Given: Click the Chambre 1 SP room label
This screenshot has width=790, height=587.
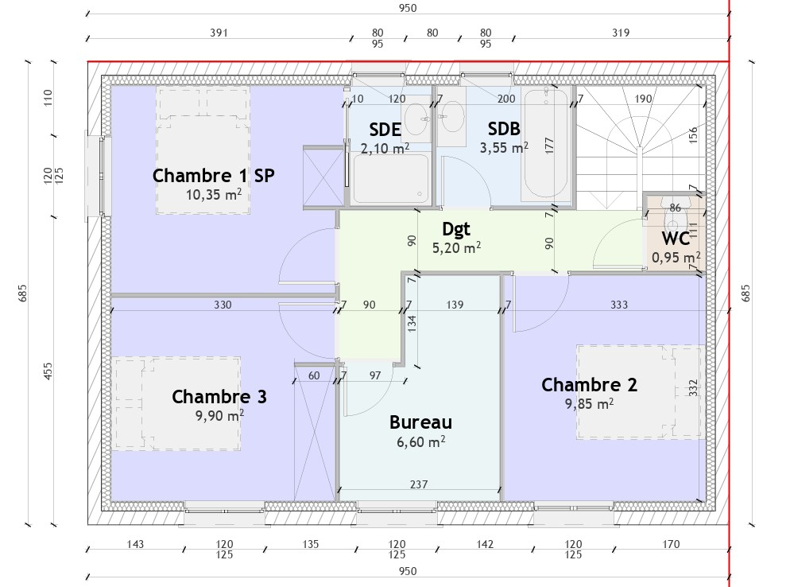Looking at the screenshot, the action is pos(213,176).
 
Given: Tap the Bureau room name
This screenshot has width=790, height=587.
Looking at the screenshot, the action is pos(420,422).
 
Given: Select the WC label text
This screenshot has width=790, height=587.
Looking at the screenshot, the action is pos(676,238).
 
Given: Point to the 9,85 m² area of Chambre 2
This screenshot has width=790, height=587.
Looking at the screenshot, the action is pos(589,404).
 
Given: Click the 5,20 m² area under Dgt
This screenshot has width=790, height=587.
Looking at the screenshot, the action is pos(456,247).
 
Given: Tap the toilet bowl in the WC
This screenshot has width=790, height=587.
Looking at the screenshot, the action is pos(674,217).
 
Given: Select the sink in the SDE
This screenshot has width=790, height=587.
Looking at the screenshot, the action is pos(416,119).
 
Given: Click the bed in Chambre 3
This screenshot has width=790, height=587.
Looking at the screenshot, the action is pos(176,403).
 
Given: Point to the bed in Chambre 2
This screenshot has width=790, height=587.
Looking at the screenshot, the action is pos(640,392).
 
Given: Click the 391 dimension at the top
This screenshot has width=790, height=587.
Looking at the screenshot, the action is pos(219,33).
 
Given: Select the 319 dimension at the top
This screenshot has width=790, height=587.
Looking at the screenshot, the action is pos(621,33).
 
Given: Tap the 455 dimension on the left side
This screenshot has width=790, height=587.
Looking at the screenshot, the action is pos(48,371).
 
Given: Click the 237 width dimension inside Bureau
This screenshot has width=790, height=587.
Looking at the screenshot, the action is pos(419,484).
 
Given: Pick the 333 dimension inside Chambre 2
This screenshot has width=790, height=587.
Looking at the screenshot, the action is pos(619,305).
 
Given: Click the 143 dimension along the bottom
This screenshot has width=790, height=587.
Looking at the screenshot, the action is pos(135,544).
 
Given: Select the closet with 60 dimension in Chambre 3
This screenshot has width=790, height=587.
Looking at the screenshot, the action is pos(315,432).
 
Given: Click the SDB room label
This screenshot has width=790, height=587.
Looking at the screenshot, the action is pos(504,129).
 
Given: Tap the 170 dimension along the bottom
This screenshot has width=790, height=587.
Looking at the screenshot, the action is pos(671,544).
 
